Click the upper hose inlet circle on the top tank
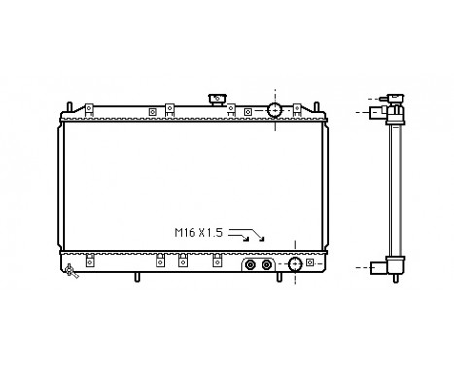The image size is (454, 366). tap(275, 109)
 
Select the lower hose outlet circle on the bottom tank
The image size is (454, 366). tap(294, 264)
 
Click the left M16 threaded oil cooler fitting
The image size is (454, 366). tap(251, 264)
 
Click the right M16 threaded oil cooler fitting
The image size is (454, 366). tap(267, 264)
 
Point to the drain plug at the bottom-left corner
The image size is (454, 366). tap(70, 272)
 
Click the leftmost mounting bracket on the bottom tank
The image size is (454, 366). tap(88, 260)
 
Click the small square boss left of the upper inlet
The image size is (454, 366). tap(247, 111)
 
